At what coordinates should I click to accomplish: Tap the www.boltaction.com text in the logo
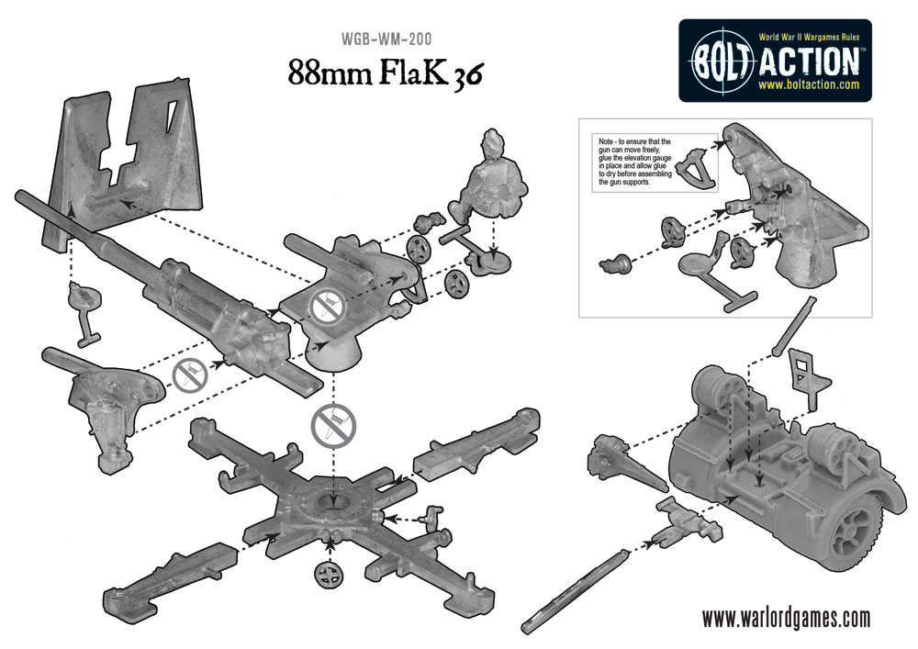click(809, 84)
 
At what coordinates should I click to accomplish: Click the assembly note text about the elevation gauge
click(633, 163)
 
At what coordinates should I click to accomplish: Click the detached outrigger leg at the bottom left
click(156, 574)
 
